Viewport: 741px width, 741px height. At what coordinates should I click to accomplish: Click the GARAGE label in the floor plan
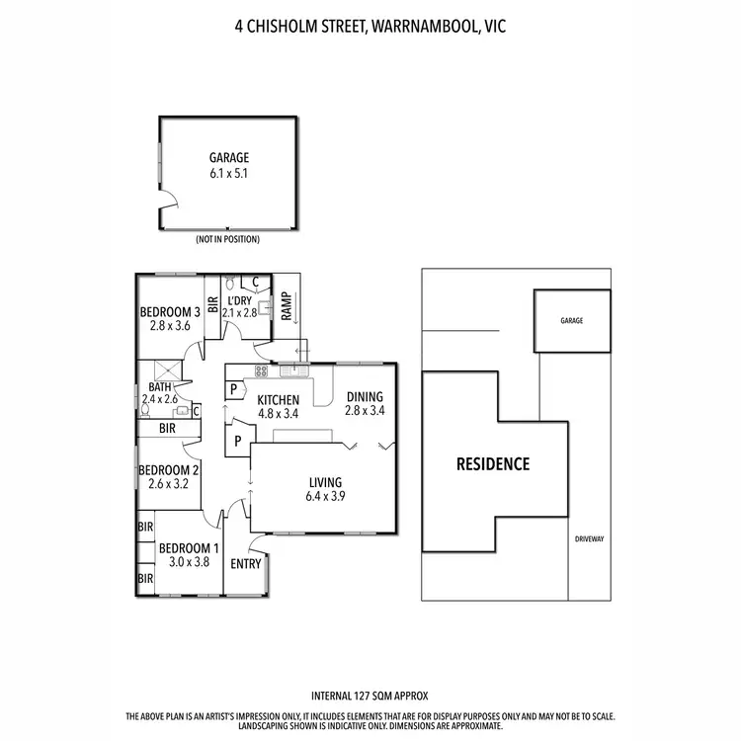[x=228, y=157]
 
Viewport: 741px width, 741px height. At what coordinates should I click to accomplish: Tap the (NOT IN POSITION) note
[x=228, y=240]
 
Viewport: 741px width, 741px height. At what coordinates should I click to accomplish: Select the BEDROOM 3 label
[x=169, y=311]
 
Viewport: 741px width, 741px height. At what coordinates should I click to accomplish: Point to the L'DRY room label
[x=240, y=300]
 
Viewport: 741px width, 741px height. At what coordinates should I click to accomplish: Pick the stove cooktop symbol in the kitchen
[x=262, y=371]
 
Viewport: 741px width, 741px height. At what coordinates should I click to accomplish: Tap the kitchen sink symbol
[x=293, y=371]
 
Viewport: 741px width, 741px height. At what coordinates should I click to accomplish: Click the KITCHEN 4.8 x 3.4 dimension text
[x=278, y=414]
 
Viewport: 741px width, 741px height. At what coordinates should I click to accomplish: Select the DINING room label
[x=363, y=396]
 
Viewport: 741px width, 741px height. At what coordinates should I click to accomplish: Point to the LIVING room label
[x=324, y=482]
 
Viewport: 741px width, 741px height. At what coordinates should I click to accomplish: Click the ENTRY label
[x=245, y=564]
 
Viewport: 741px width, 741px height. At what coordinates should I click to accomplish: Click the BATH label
[x=159, y=387]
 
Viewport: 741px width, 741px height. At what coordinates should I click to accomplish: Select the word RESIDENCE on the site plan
[x=493, y=463]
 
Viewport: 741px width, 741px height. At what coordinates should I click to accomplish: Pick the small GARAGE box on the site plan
[x=572, y=321]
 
